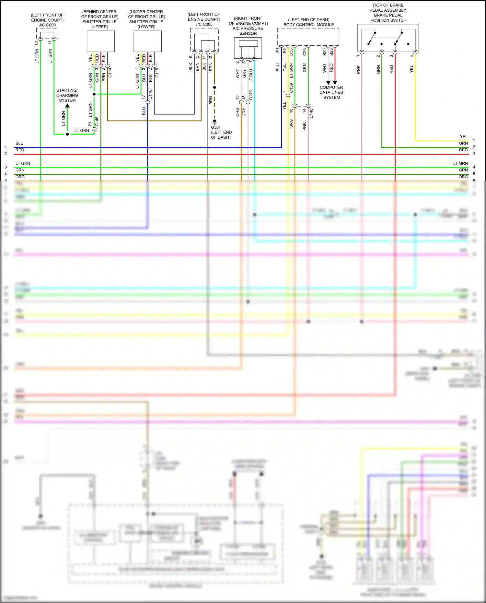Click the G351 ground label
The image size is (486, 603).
click(x=216, y=127)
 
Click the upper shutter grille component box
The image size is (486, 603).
click(x=101, y=41)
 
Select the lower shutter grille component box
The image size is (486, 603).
click(x=147, y=41)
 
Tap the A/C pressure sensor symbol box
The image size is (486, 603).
click(x=248, y=48)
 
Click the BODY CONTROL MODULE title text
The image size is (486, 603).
click(x=308, y=25)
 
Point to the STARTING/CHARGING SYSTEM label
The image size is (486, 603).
click(x=67, y=95)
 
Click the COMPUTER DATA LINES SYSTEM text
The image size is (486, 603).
click(x=331, y=92)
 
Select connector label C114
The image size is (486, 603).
click(x=110, y=72)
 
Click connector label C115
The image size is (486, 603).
click(x=157, y=72)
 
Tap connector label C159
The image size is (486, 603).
click(x=291, y=88)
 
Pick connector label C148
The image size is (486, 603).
click(x=311, y=113)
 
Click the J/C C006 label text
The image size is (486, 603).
click(x=47, y=25)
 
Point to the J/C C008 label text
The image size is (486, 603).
click(x=204, y=24)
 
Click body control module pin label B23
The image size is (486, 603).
click(x=331, y=52)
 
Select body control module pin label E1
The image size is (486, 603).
click(x=278, y=50)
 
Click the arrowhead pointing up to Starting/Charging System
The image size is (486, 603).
click(x=67, y=106)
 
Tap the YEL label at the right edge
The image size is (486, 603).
click(x=464, y=137)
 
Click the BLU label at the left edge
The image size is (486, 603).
click(x=19, y=143)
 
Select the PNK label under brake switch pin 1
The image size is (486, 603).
click(x=358, y=69)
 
